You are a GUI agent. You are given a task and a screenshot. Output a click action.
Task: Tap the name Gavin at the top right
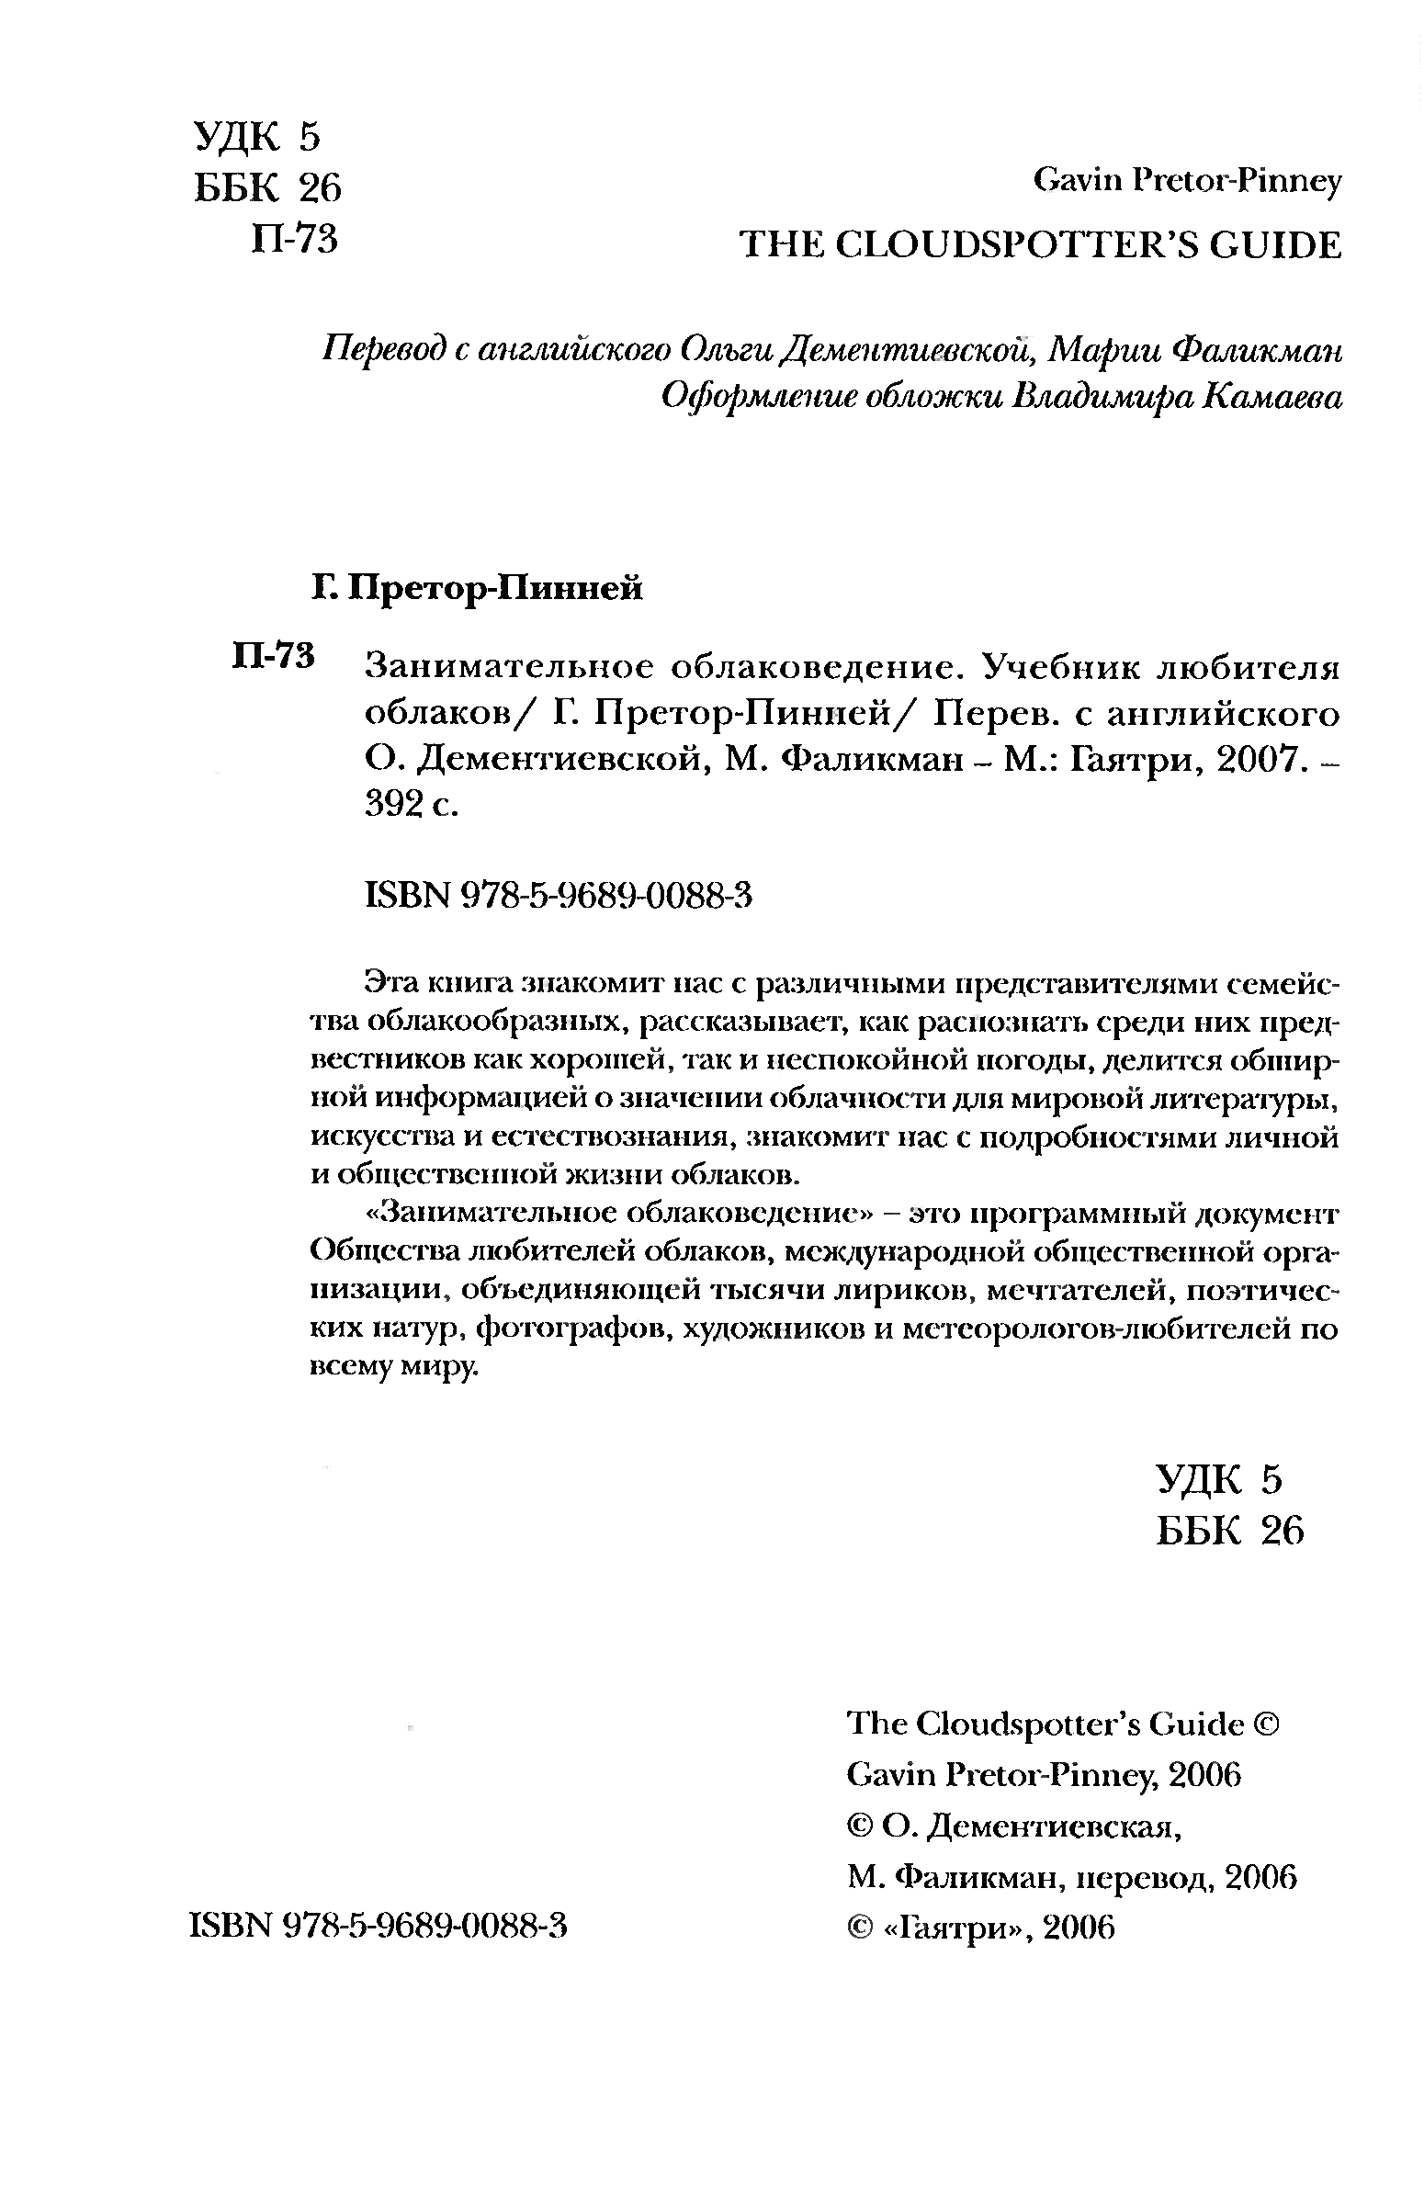[1074, 182]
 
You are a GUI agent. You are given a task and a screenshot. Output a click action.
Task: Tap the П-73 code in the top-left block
[294, 241]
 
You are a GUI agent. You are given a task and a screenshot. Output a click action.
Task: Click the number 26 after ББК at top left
[320, 188]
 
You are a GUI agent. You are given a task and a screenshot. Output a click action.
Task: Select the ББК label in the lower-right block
[1198, 1532]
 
